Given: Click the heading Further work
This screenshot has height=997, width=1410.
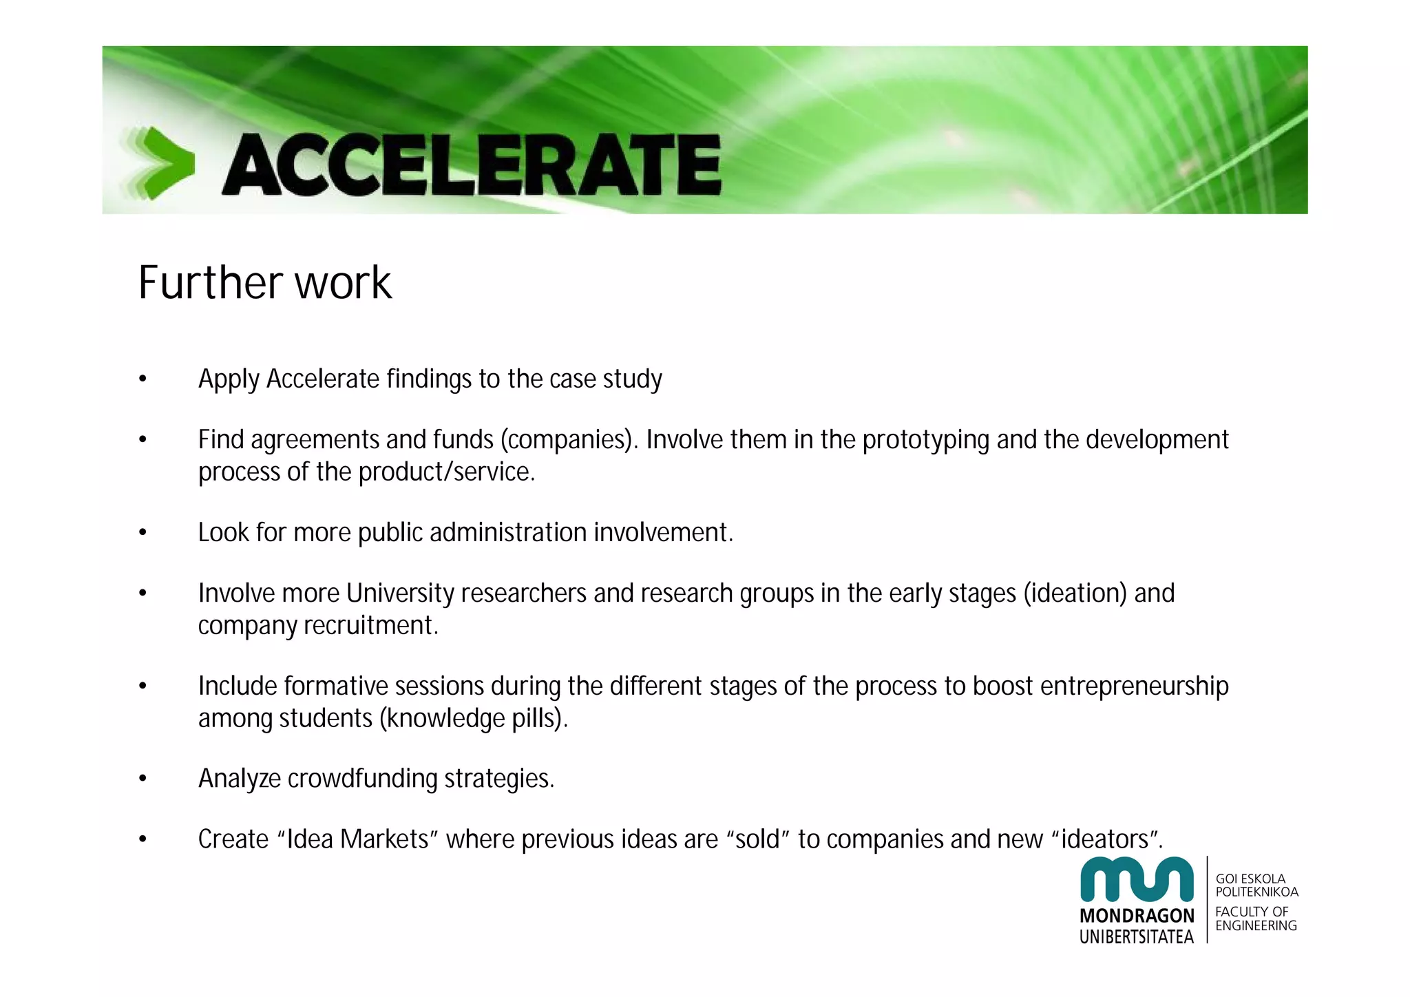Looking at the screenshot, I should tap(264, 282).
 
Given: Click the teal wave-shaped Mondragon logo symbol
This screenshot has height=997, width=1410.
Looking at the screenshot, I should tap(1137, 879).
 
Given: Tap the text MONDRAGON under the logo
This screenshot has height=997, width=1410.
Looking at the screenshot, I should tap(1137, 916).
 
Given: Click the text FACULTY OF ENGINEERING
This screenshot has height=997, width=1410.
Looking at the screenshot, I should tap(1255, 919).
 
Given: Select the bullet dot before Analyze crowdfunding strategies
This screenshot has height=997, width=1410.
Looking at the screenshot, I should tap(143, 779).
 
